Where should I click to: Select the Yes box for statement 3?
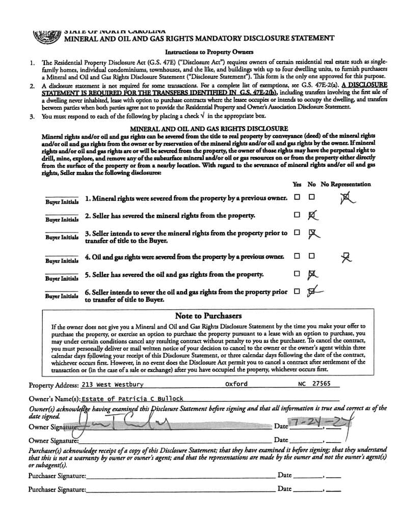coord(297,233)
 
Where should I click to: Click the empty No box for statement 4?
coord(311,256)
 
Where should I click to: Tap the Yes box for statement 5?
coord(297,274)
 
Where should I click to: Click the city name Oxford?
coord(236,384)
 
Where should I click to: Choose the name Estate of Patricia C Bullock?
coord(132,399)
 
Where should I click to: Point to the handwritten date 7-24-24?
coord(316,424)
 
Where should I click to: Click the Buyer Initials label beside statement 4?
coord(62,261)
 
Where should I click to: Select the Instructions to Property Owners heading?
coord(202,52)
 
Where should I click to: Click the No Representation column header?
coord(345,184)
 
